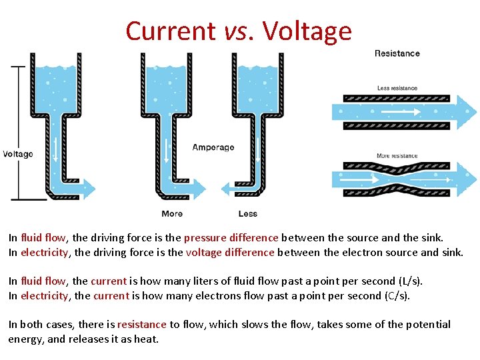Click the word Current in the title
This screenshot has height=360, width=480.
170,31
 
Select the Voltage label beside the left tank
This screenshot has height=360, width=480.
18,154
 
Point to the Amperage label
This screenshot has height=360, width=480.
213,147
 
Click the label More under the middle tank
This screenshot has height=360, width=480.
172,214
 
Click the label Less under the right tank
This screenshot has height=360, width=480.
247,214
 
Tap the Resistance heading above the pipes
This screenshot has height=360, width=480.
397,53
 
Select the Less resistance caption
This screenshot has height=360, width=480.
397,88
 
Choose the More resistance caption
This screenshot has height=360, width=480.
397,156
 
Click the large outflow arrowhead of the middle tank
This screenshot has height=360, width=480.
198,189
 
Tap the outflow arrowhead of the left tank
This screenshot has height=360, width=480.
89,189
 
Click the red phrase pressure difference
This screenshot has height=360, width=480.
231,237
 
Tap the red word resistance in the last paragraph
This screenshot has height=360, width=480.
141,324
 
